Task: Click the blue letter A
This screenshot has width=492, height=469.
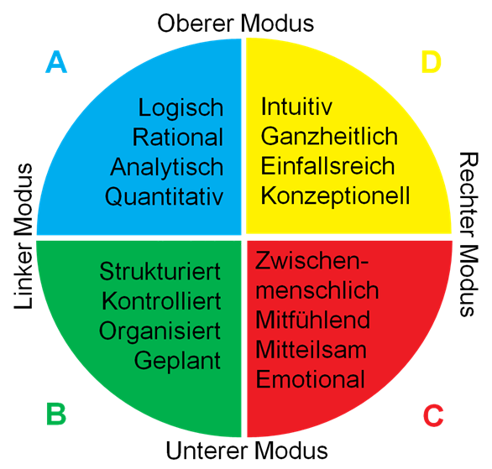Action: [x=56, y=62]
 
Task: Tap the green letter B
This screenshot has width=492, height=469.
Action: [x=56, y=414]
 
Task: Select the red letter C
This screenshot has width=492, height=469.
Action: [x=433, y=415]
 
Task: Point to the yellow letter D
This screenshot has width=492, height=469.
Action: [x=431, y=62]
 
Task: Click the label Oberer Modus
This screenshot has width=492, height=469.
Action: [x=236, y=23]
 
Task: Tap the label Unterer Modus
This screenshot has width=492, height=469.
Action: [x=247, y=451]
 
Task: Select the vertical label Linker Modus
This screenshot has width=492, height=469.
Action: [x=24, y=236]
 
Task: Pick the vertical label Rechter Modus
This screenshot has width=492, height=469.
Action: [x=468, y=234]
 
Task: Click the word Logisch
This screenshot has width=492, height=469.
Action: [x=181, y=108]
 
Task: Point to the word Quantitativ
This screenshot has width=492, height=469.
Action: [x=164, y=197]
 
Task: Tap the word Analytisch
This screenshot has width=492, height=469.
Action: [x=167, y=168]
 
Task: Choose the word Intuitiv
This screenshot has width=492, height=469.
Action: [x=296, y=107]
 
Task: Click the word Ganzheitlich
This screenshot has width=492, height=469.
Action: [x=329, y=137]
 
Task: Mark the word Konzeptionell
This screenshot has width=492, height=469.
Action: [x=336, y=196]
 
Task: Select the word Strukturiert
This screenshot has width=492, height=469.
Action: [x=160, y=271]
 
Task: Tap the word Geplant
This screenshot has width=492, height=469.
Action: [x=178, y=362]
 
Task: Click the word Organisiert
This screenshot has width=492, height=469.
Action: [x=160, y=331]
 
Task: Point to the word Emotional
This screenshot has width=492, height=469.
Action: [x=311, y=379]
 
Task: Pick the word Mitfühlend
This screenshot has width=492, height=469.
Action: [x=313, y=320]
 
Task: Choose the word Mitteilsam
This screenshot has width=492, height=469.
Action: [x=311, y=349]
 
